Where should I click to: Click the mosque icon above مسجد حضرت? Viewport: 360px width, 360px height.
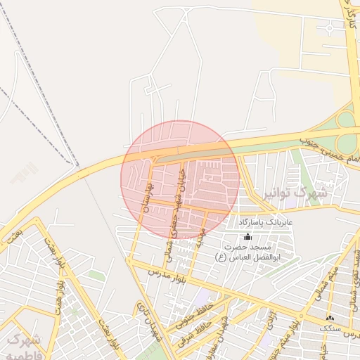pyautogui.click(x=247, y=237)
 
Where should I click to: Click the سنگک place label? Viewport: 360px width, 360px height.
pyautogui.click(x=328, y=328)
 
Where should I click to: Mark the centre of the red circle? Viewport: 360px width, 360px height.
pyautogui.click(x=180, y=179)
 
